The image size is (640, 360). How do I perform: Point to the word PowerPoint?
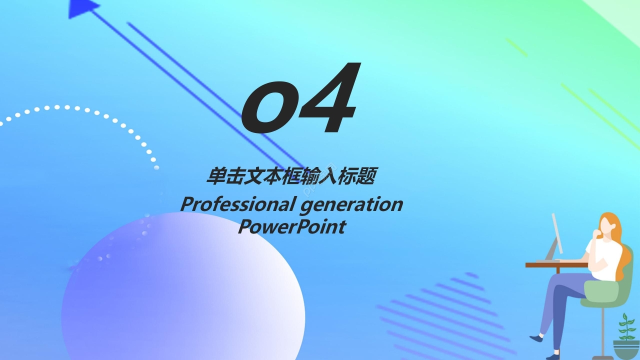click(x=291, y=226)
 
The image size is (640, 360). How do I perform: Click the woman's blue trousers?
click(x=565, y=300)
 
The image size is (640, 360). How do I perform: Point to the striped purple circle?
click(x=445, y=315)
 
